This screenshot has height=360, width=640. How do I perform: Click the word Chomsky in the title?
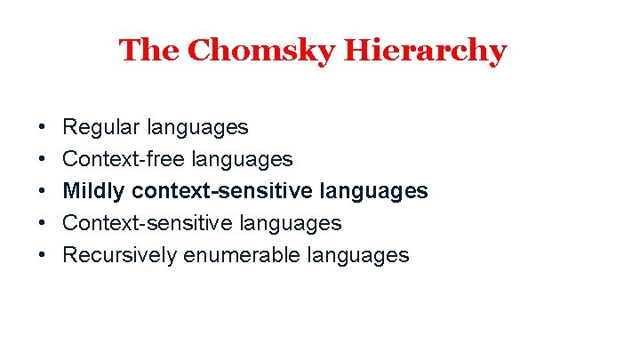coord(260,51)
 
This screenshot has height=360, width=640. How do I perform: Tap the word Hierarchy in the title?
coord(426,51)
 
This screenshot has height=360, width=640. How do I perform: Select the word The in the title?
coord(149,51)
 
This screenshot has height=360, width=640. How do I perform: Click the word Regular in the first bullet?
coord(98,127)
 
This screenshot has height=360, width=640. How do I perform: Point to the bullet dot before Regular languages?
coord(43,127)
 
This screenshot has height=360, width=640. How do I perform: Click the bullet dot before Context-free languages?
coord(43,159)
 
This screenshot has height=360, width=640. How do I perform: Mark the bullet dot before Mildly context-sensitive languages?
coord(43,191)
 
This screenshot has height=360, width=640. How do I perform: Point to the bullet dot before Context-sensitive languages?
coord(43,223)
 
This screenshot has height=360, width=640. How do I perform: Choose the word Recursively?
coord(120,255)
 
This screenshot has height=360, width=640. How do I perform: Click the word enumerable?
coord(242,255)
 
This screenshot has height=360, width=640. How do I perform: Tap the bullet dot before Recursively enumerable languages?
coord(43,255)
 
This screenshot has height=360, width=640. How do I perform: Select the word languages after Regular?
coord(194,127)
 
